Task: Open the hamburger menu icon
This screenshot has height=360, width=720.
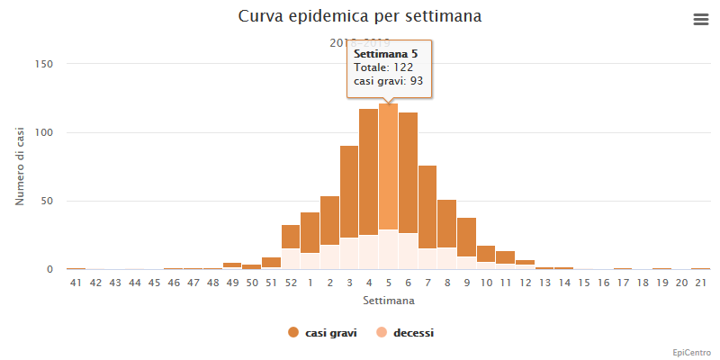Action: click(x=701, y=19)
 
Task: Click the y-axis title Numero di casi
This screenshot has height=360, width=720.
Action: click(x=21, y=166)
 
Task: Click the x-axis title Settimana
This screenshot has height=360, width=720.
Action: click(x=388, y=298)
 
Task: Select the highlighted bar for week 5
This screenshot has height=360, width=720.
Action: click(x=388, y=180)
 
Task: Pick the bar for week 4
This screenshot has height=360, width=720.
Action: click(x=368, y=180)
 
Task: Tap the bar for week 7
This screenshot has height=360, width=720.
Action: click(x=427, y=211)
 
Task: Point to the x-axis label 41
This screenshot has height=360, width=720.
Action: click(x=76, y=283)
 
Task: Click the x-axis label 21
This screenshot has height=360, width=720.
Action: click(x=700, y=283)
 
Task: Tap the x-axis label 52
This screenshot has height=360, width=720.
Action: click(x=291, y=283)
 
